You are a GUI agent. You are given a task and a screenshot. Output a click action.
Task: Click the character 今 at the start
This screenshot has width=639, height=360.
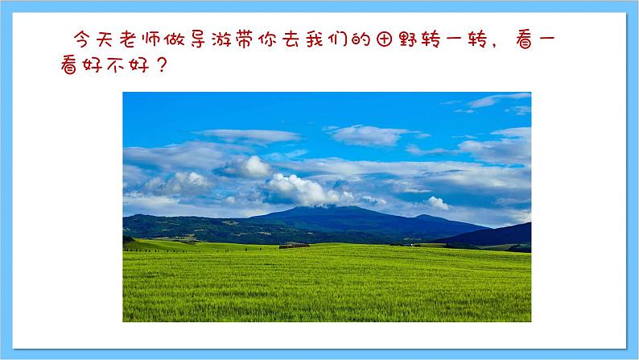coord(82,39)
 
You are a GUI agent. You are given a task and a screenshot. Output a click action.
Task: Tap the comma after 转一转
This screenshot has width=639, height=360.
coord(504,43)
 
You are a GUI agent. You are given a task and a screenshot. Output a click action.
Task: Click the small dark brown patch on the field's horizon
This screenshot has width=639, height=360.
coord(295,245)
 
